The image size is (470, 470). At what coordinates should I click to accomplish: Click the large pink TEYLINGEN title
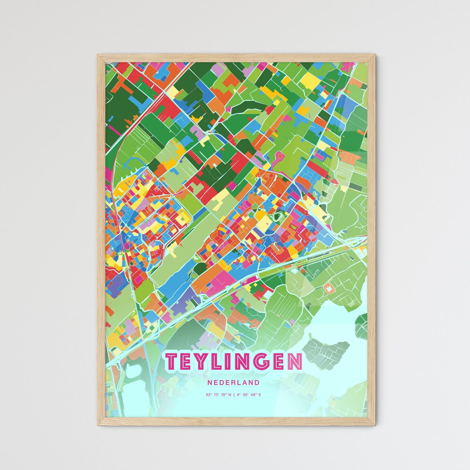(x=234, y=361)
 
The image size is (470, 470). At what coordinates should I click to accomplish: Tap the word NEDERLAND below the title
(x=234, y=383)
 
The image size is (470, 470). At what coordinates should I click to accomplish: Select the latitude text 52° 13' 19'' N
(x=219, y=395)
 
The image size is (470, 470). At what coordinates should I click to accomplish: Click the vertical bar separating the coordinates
(x=234, y=395)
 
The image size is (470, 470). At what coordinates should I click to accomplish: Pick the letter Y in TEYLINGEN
(x=201, y=361)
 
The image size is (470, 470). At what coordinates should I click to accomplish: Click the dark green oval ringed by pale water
(x=277, y=216)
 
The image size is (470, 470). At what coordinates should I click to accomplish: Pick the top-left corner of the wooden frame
(x=98, y=55)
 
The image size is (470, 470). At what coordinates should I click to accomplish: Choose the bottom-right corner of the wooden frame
(x=375, y=425)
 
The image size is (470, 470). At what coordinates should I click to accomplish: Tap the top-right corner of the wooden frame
(x=375, y=55)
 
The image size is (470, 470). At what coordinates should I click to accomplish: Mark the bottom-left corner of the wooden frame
(x=98, y=425)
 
